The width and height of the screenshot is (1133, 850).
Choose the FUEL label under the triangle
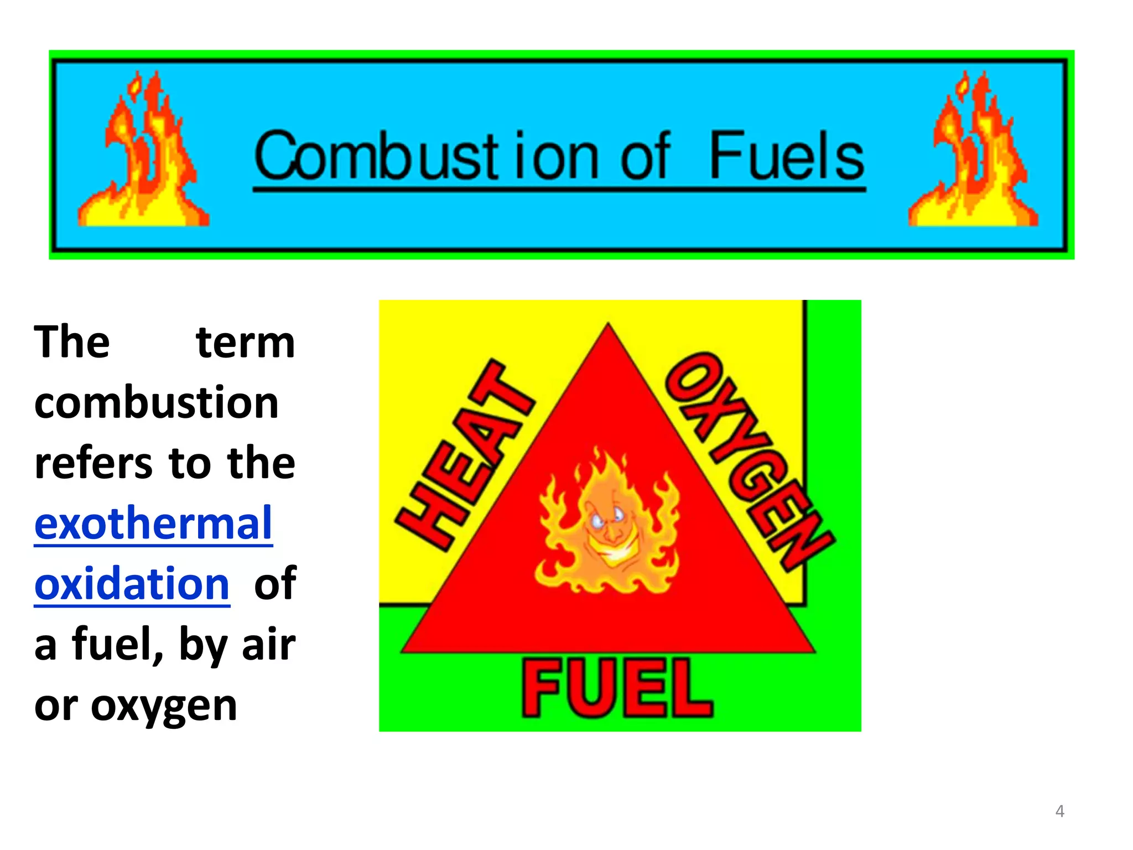coord(617,689)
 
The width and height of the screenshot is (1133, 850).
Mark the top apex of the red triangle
coord(608,326)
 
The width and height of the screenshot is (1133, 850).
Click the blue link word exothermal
coord(153,523)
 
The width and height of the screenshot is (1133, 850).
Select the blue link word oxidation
coord(132,583)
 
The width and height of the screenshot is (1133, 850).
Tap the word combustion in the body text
coord(157,402)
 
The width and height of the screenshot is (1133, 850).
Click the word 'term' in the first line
coord(246,343)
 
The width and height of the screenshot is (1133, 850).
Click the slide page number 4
coord(1059,811)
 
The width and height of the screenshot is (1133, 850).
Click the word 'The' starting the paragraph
coord(72,343)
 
